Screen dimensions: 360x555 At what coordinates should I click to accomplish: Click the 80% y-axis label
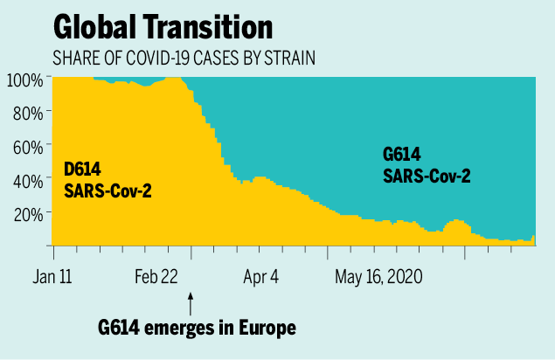pyautogui.click(x=28, y=113)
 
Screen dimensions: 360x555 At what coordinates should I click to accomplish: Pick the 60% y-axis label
pyautogui.click(x=28, y=146)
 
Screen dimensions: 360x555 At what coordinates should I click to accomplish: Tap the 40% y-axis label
pyautogui.click(x=28, y=180)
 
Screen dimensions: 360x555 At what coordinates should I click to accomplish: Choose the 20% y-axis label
pyautogui.click(x=28, y=213)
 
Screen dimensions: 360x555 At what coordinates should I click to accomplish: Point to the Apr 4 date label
pyautogui.click(x=260, y=277)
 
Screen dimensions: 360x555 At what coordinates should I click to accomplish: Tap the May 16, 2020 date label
pyautogui.click(x=378, y=277)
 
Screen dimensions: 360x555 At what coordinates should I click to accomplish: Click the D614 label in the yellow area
pyautogui.click(x=83, y=170)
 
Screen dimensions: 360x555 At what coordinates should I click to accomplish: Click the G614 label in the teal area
pyautogui.click(x=402, y=155)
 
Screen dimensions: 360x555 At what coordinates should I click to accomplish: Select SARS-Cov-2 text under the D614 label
pyautogui.click(x=108, y=190)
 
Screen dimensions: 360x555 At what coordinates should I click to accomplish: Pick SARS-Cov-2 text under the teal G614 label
pyautogui.click(x=427, y=176)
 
